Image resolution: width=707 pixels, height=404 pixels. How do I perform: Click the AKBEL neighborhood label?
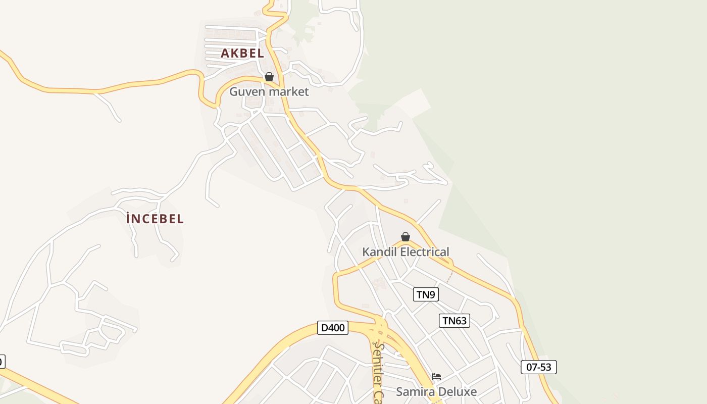[x=242, y=53]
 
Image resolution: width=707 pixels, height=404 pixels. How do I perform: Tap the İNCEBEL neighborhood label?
[x=155, y=219]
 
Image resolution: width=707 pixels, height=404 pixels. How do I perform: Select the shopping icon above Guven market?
[x=269, y=77]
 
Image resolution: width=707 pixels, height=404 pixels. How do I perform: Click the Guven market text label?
[x=269, y=91]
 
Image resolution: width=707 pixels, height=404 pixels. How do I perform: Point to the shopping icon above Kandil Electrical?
[x=405, y=237]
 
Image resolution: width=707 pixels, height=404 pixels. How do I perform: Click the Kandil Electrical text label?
[x=406, y=251]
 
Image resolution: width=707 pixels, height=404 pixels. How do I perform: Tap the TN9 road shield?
[x=426, y=294]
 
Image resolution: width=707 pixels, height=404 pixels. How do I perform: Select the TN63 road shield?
[x=454, y=320]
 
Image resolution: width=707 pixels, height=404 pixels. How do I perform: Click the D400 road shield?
[x=333, y=328]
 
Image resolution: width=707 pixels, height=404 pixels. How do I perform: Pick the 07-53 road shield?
[x=538, y=367]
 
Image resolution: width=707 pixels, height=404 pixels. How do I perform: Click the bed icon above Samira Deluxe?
[x=436, y=377]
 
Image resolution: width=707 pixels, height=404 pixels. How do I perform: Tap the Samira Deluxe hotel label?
[x=436, y=391]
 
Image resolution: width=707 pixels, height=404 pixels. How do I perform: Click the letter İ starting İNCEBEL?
[x=129, y=219]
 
